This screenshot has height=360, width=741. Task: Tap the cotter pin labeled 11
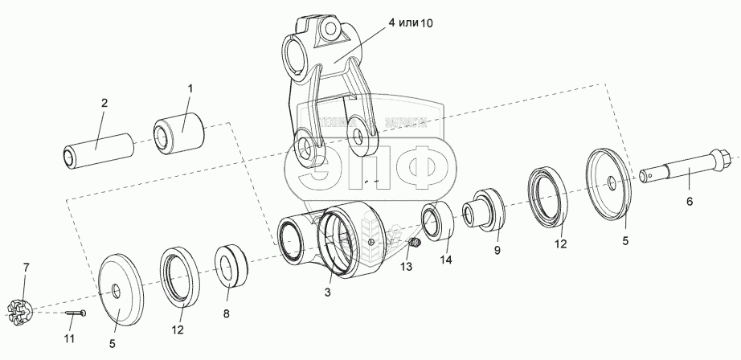click(77, 313)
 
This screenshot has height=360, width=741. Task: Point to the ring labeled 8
click(231, 266)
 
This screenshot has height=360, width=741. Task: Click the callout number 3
click(328, 293)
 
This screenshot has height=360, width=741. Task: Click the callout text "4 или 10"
click(409, 23)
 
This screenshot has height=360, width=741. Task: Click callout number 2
click(104, 103)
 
